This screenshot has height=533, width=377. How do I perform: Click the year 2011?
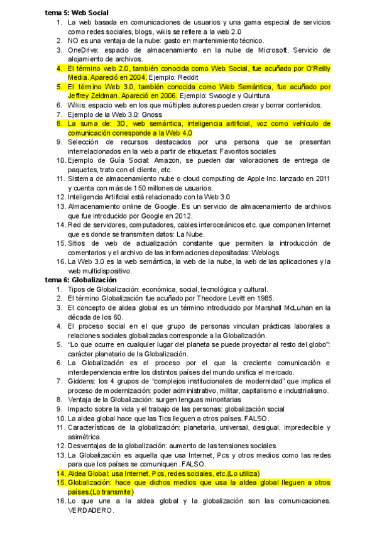pyautogui.click(x=322, y=179)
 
